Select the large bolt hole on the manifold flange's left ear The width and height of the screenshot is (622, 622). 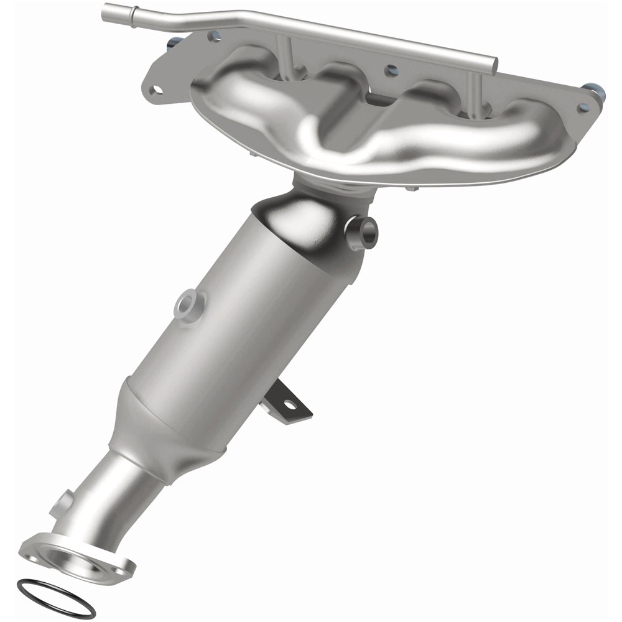point(155,89)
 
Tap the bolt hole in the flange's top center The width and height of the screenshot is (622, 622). point(391,71)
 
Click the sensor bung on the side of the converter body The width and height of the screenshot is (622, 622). point(188,304)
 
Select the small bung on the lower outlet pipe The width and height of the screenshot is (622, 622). point(62,501)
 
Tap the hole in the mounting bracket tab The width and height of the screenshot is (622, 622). point(289,404)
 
